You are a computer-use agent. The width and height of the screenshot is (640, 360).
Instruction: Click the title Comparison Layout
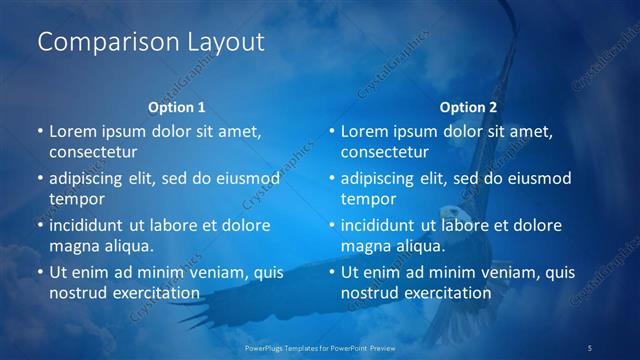pyautogui.click(x=151, y=43)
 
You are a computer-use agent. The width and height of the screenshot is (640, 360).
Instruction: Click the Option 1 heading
pyautogui.click(x=177, y=107)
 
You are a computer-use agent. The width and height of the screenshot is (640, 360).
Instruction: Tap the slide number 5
pyautogui.click(x=590, y=347)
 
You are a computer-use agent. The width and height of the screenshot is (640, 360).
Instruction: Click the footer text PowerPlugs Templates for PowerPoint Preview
pyautogui.click(x=320, y=347)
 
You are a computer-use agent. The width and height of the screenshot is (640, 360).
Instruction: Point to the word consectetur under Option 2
pyautogui.click(x=385, y=152)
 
